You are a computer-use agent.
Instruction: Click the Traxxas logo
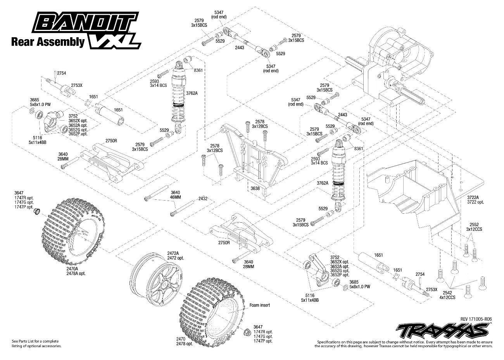tap(442, 331)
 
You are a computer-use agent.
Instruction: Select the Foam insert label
tap(259, 305)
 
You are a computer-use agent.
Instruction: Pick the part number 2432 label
tap(202, 199)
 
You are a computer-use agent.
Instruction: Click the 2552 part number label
tap(474, 225)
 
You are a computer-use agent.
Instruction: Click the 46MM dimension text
tap(176, 197)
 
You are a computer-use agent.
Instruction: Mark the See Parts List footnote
tap(37, 343)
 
